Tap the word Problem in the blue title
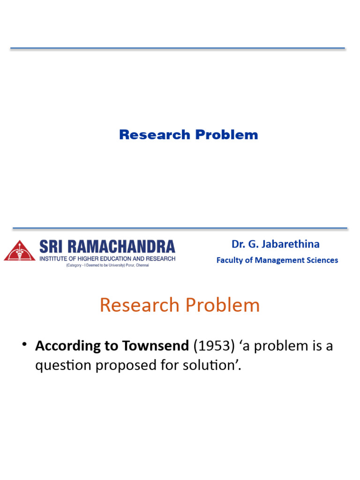(226, 135)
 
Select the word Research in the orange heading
(140, 305)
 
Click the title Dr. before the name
(239, 244)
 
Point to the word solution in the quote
(219, 365)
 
